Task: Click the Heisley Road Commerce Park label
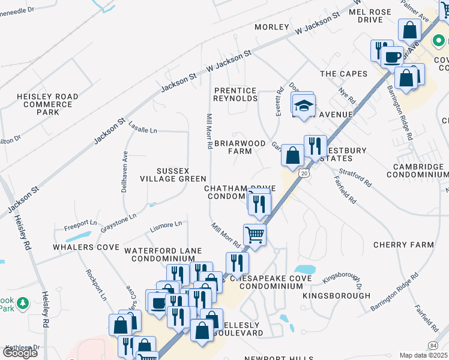point(47,104)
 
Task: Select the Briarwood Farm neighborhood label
point(239,147)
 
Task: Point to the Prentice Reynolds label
point(235,94)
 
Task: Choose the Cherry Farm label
point(403,245)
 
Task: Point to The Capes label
point(343,74)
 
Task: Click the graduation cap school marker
point(304,104)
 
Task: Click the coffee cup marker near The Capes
point(393,57)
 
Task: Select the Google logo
point(20,352)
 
